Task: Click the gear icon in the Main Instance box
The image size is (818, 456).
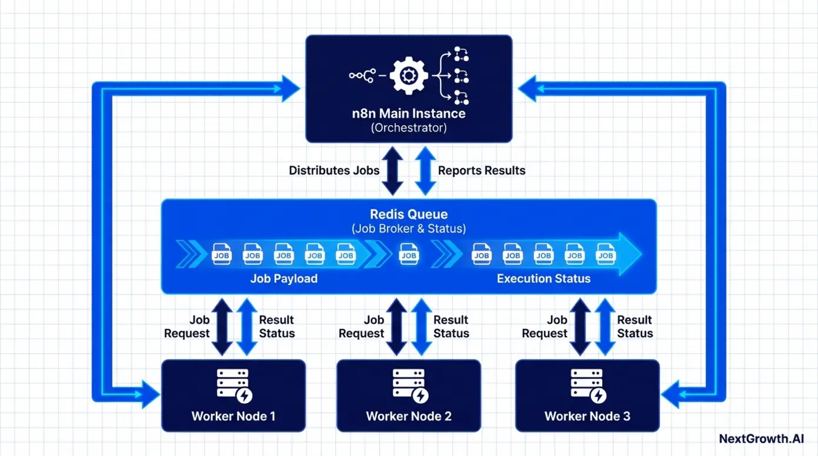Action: [408, 75]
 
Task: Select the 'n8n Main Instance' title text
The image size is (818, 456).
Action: [409, 113]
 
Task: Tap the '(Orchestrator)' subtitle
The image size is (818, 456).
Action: [409, 128]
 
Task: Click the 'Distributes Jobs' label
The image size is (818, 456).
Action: [333, 170]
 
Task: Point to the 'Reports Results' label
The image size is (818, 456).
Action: [482, 170]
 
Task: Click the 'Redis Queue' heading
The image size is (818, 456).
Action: [408, 214]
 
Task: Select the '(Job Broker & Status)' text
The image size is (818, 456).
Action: [408, 229]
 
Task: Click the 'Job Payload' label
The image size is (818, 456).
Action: [283, 279]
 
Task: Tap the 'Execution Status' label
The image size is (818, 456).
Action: [543, 279]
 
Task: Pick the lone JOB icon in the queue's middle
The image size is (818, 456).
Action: [409, 254]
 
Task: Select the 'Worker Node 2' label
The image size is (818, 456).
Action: [409, 417]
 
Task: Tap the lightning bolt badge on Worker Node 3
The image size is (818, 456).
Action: [598, 395]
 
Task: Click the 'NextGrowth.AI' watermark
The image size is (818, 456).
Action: [760, 438]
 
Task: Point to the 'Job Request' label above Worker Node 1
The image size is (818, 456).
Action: [187, 327]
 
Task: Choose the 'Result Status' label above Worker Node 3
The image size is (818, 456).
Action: [635, 327]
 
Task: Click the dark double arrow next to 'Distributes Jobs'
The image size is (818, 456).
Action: [392, 170]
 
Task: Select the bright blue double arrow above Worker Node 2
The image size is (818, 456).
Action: [421, 327]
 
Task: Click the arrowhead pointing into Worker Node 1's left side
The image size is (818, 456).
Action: [150, 394]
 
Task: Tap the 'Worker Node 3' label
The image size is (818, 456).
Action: [587, 417]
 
